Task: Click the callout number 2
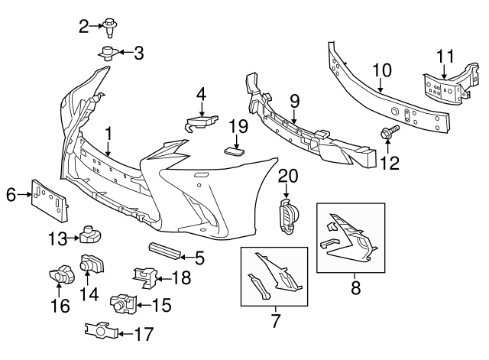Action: (x=84, y=28)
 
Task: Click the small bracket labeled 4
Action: (x=202, y=122)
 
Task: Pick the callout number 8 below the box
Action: (x=353, y=288)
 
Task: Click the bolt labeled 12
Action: (x=387, y=134)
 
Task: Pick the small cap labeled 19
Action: (x=235, y=152)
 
